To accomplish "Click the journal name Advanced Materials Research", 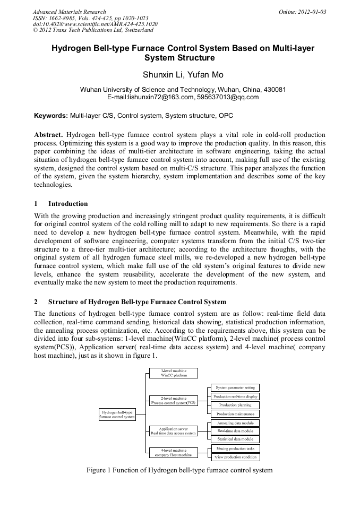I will pyautogui.click(x=70, y=12).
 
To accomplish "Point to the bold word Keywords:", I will pyautogui.click(x=51, y=115).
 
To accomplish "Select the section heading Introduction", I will pyautogui.click(x=68, y=204).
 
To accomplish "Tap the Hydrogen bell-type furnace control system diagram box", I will pyautogui.click(x=117, y=414).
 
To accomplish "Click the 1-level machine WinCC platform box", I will pyautogui.click(x=173, y=373).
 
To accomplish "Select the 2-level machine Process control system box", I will pyautogui.click(x=173, y=400).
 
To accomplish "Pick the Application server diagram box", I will pyautogui.click(x=173, y=430).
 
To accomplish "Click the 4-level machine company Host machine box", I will pyautogui.click(x=173, y=452).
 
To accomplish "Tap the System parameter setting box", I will pyautogui.click(x=235, y=387).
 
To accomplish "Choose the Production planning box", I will pyautogui.click(x=235, y=405).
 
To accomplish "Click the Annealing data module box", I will pyautogui.click(x=235, y=423).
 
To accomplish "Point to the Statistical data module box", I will pyautogui.click(x=235, y=439).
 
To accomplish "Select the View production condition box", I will pyautogui.click(x=235, y=456).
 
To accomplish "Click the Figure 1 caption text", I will pyautogui.click(x=179, y=470).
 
